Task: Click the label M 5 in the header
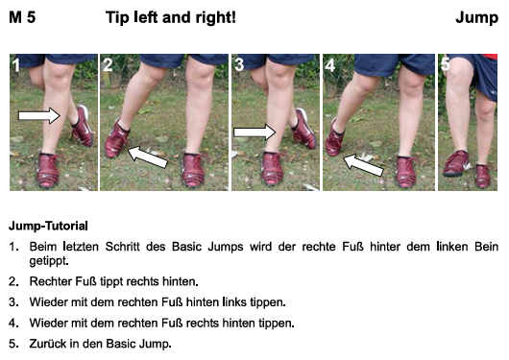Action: pos(22,17)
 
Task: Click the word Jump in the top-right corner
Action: pos(477,18)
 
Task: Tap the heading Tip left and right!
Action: pos(171,17)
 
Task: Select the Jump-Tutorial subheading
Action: pos(48,226)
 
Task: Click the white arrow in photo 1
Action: pos(39,115)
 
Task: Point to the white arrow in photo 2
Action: pos(148,157)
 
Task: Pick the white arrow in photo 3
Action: pos(254,132)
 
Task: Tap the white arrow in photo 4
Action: pos(364,165)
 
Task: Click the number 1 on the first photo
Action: pos(16,65)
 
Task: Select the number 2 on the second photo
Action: pos(108,65)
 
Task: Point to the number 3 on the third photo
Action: pos(239,65)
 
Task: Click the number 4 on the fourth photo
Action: pos(330,65)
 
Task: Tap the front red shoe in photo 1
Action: pos(48,170)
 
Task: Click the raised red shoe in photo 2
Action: pos(116,139)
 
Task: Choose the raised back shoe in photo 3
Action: pos(303,130)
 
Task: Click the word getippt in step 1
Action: pos(49,261)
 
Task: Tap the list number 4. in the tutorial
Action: pos(13,323)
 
